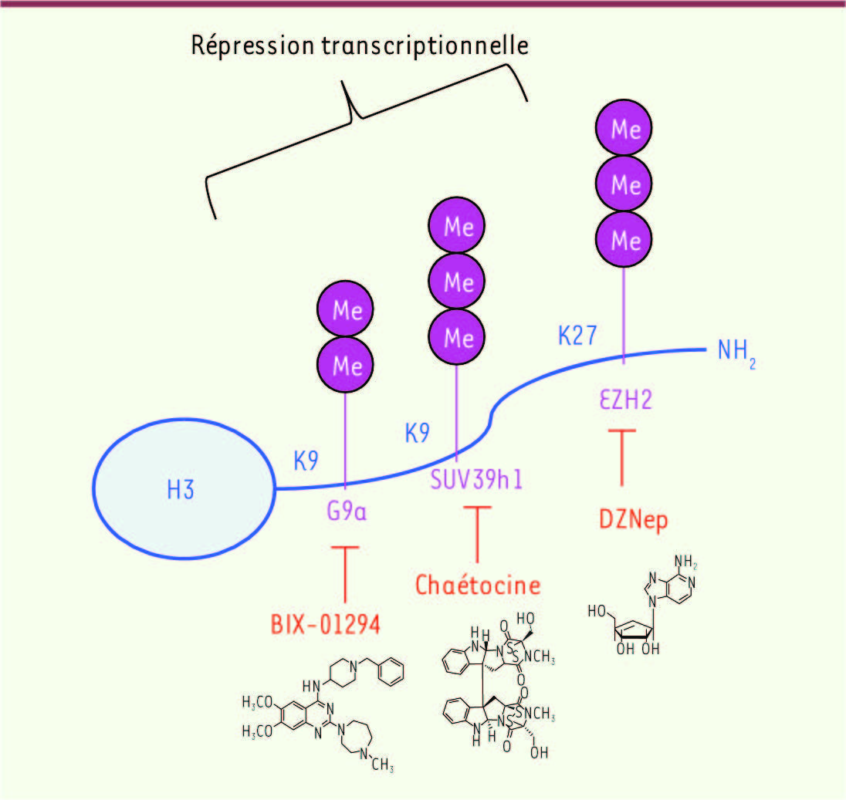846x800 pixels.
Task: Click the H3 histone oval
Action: (x=184, y=489)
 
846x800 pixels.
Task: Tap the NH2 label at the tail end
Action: (x=736, y=352)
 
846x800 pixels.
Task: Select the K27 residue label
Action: (x=577, y=336)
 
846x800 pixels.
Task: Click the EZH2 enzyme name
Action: (x=626, y=400)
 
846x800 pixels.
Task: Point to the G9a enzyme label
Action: (x=347, y=511)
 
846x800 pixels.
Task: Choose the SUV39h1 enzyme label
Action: (x=476, y=479)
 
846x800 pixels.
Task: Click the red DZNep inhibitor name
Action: (x=634, y=520)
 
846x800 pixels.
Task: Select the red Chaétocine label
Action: (x=478, y=585)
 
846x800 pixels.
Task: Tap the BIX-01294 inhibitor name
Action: (x=325, y=624)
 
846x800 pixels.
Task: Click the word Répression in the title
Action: (x=252, y=46)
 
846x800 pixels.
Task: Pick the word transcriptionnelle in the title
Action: (x=425, y=46)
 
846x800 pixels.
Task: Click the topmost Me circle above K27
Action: (x=624, y=128)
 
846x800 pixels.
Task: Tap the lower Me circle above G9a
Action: (x=345, y=364)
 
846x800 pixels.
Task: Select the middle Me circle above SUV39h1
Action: (x=456, y=281)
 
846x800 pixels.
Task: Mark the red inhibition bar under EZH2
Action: (x=622, y=457)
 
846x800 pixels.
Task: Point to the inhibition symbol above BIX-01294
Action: (x=345, y=574)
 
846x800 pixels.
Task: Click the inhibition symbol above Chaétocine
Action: (x=478, y=535)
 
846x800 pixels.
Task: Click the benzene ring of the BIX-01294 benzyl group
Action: (x=391, y=672)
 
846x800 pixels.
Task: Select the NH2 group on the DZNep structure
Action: (x=685, y=562)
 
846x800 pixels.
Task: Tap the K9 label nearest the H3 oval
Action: (x=306, y=461)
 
